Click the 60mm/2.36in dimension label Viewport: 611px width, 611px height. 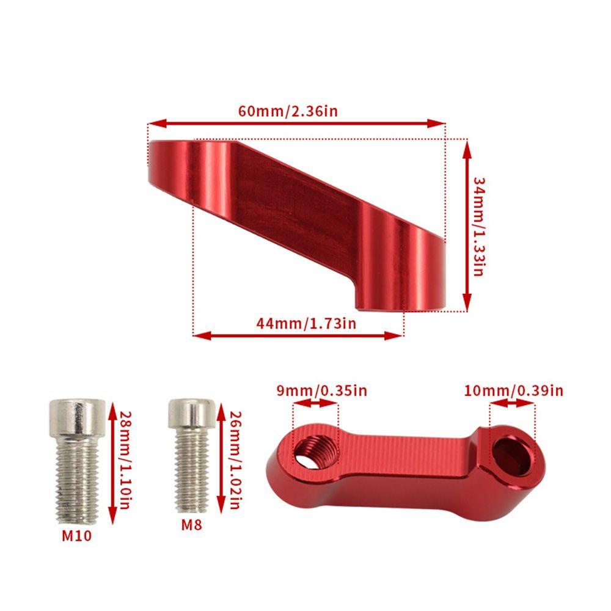[x=288, y=111]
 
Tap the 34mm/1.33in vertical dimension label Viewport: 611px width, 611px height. [x=478, y=227]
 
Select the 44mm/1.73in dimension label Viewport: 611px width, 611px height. [x=306, y=323]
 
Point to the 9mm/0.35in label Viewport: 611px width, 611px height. [x=322, y=390]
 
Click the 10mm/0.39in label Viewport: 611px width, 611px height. [x=514, y=390]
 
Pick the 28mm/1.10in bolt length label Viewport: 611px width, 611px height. [x=125, y=460]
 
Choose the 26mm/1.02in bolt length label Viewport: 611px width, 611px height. [x=235, y=460]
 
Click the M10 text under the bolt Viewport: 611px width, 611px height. [x=77, y=535]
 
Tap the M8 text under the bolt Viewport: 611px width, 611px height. [x=192, y=525]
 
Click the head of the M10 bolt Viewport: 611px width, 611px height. [x=77, y=417]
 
